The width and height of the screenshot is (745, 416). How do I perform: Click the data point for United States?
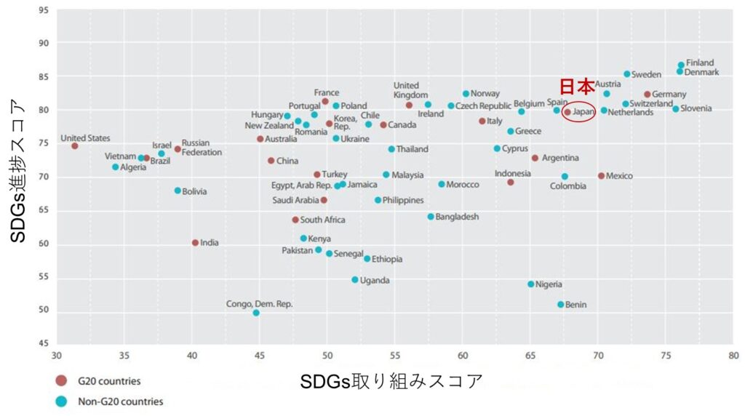(75, 146)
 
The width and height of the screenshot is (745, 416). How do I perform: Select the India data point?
(195, 243)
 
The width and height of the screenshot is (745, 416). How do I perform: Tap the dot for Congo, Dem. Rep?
(256, 313)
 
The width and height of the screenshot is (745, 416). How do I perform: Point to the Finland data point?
(681, 65)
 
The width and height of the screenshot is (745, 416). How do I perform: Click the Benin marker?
(561, 305)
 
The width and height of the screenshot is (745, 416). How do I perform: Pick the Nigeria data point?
(530, 284)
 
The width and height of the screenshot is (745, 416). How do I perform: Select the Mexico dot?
(601, 176)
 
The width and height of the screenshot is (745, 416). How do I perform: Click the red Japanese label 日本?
(576, 87)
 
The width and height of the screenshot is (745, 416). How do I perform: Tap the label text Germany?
(669, 95)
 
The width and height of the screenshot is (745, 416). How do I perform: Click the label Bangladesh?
(458, 217)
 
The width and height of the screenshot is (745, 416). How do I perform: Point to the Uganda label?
(375, 280)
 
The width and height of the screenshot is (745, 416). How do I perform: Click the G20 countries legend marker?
(61, 381)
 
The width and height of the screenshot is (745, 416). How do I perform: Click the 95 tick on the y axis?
(44, 10)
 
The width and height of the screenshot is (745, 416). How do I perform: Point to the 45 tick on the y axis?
(44, 344)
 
